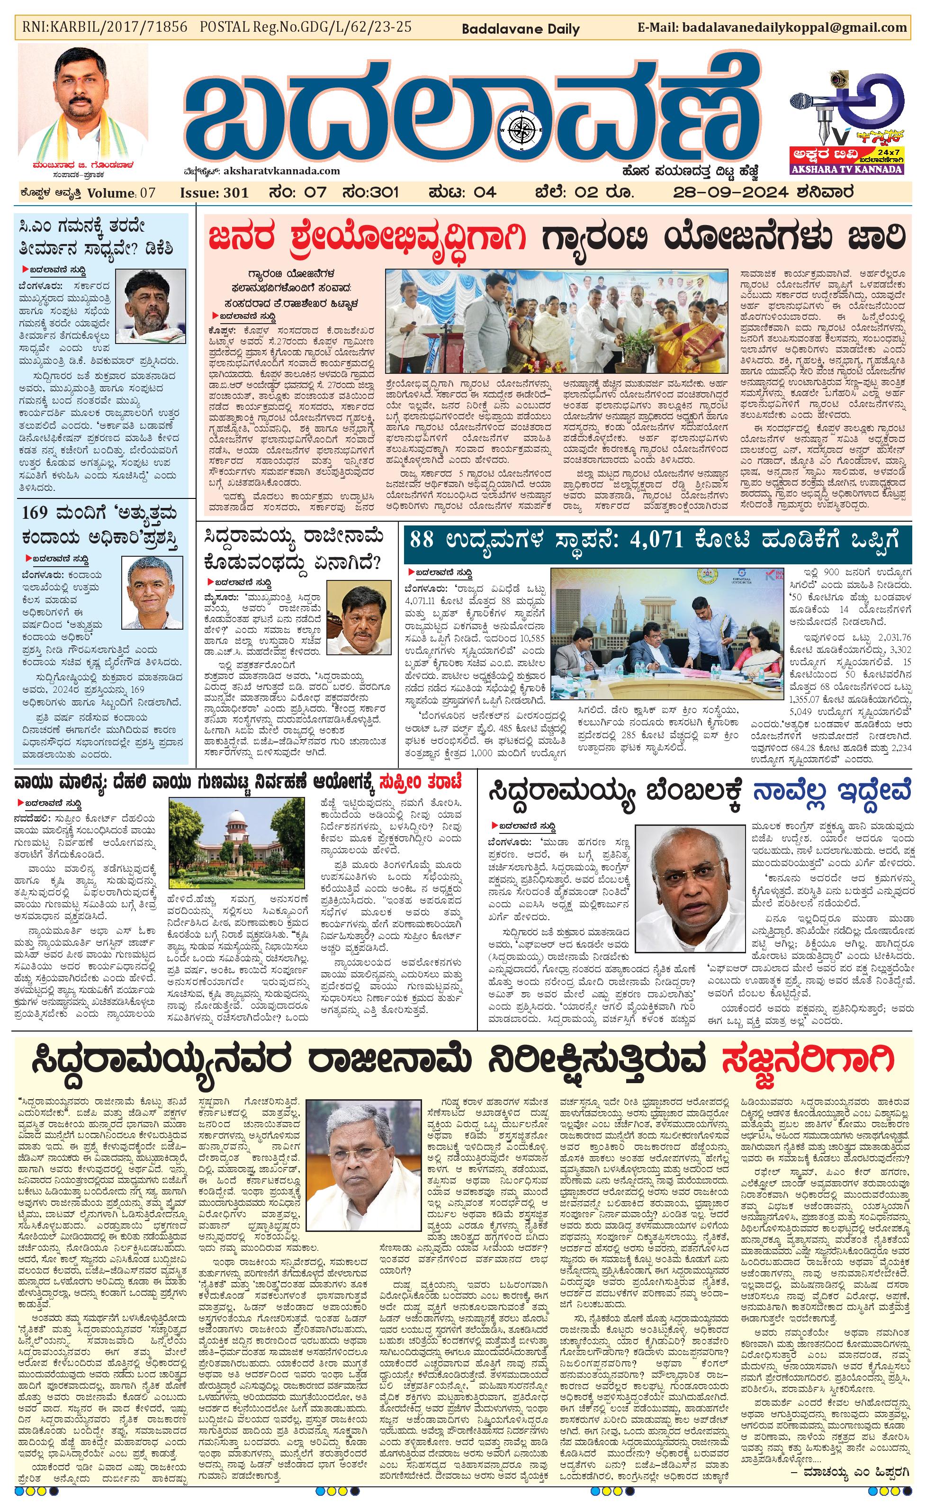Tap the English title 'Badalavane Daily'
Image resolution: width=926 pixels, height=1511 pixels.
(x=520, y=29)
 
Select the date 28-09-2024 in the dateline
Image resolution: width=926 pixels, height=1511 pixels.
(x=729, y=192)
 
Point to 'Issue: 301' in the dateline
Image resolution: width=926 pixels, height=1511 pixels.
(x=214, y=192)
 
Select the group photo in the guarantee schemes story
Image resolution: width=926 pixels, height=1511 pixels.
(x=557, y=321)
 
